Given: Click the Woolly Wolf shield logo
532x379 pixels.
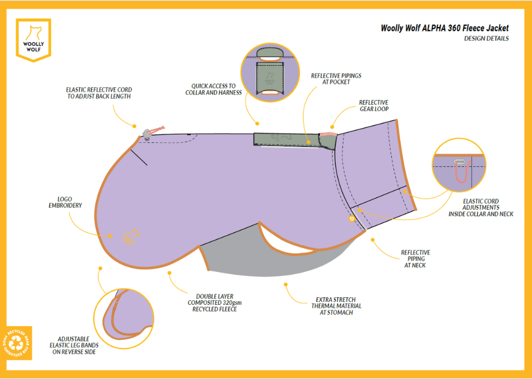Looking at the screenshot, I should tap(33, 40).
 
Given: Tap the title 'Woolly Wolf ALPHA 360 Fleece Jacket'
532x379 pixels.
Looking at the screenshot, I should tap(444, 28).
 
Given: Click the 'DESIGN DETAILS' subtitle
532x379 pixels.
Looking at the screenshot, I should tap(486, 39).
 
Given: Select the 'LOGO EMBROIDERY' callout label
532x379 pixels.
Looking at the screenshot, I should tap(66, 202).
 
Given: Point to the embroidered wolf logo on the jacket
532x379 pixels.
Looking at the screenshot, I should tap(131, 236).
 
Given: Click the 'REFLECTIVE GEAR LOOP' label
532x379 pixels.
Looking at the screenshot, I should tap(374, 106).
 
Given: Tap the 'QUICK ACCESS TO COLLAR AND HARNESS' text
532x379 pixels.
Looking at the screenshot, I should tap(213, 90).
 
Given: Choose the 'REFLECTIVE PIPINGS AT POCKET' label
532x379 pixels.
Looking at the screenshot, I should tap(336, 79).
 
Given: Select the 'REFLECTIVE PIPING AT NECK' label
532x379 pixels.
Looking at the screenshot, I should tap(415, 259).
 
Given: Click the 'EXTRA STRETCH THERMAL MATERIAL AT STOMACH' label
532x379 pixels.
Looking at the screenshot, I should tap(336, 306).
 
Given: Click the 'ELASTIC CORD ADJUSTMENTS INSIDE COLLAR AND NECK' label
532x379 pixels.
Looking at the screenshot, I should tap(480, 207).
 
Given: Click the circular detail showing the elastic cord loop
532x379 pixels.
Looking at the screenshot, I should tap(458, 164).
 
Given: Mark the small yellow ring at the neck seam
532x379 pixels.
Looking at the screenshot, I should tap(352, 218).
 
